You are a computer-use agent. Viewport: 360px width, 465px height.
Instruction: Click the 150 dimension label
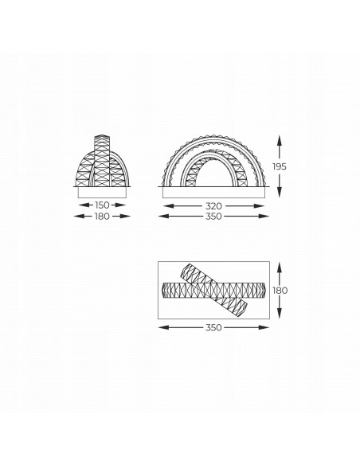click(102, 205)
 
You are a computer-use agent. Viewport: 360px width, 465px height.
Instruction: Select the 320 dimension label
click(213, 205)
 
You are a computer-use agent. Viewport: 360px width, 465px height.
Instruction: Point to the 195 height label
click(280, 166)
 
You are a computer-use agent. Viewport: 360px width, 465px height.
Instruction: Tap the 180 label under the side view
click(102, 217)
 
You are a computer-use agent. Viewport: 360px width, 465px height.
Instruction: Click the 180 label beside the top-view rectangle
click(280, 291)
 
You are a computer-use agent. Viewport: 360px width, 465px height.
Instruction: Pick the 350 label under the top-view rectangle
click(213, 327)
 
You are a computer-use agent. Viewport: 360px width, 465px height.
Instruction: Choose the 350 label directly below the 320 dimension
click(213, 217)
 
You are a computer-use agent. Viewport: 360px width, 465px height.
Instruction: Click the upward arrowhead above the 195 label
click(279, 140)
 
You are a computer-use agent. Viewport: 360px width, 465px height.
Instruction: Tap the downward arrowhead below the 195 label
click(279, 192)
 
